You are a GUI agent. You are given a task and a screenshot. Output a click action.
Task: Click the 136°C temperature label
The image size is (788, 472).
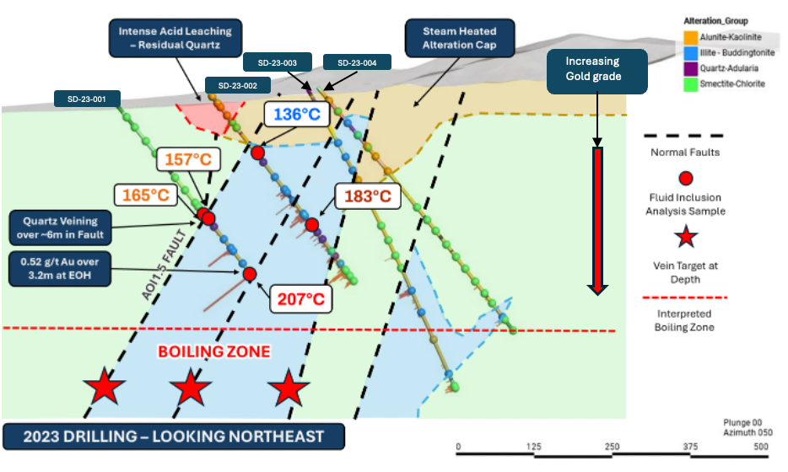click(x=295, y=113)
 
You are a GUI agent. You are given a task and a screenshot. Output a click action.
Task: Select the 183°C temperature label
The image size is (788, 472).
click(x=367, y=196)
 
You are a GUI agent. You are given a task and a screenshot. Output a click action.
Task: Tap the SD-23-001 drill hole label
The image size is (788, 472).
click(x=88, y=99)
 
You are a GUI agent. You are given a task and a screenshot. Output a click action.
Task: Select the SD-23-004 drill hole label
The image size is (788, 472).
click(x=357, y=62)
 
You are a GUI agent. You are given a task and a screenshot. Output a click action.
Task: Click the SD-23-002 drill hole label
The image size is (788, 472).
click(x=238, y=85)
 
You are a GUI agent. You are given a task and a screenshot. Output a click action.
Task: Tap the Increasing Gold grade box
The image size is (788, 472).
click(x=596, y=70)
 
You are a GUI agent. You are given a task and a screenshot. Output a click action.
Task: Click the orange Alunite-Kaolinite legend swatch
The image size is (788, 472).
click(x=689, y=37)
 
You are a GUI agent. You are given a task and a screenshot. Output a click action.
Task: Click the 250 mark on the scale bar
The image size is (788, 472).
click(x=612, y=446)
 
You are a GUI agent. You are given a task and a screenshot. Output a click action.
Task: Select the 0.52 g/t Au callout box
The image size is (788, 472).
click(x=58, y=268)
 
